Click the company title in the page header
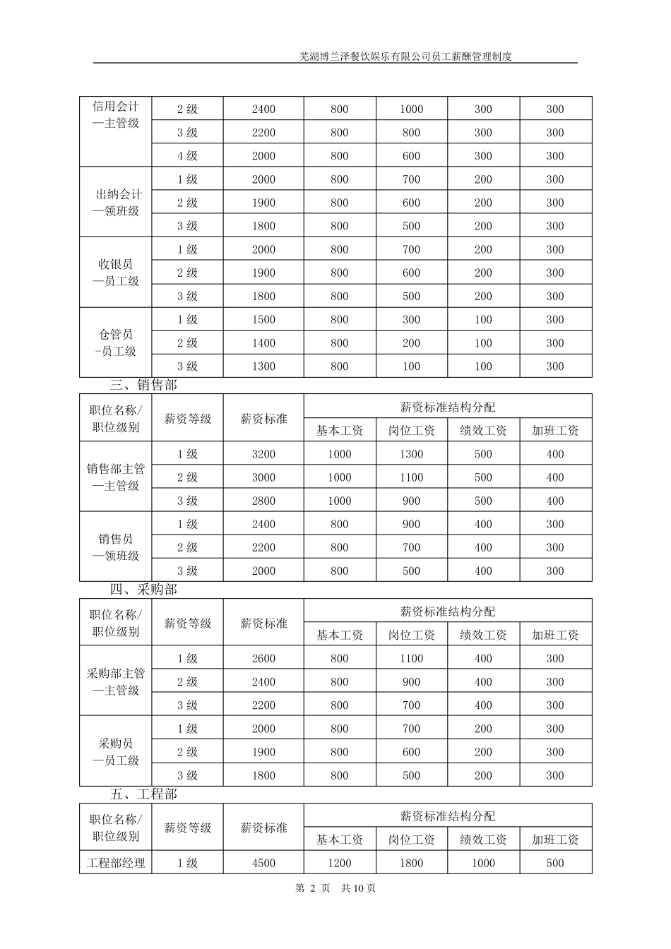[x=405, y=57]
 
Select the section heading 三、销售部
[x=143, y=385]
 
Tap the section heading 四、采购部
[x=143, y=590]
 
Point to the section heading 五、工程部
[x=143, y=794]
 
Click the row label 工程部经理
[x=116, y=863]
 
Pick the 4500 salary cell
[x=263, y=863]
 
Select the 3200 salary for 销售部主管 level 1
[x=263, y=454]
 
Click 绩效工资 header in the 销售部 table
[x=483, y=430]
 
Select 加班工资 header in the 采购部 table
[x=555, y=635]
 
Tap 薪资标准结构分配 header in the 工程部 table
[x=448, y=816]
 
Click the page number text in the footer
[x=335, y=888]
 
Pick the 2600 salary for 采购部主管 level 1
[x=263, y=658]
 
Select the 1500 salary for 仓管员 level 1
[x=263, y=320]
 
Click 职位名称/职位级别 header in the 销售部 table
[x=116, y=418]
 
